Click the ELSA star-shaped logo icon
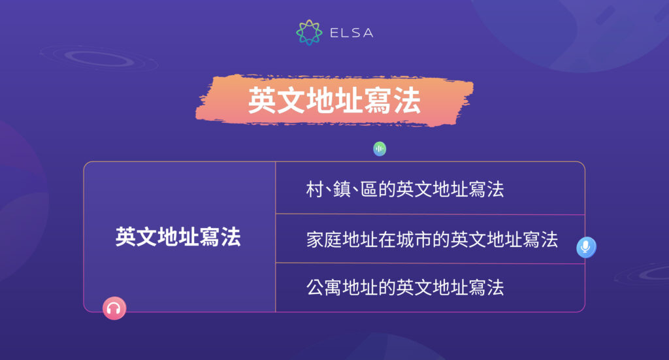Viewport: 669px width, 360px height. [x=309, y=33]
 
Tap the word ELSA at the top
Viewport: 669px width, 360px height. [x=351, y=33]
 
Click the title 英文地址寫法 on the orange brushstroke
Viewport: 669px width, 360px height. [x=334, y=102]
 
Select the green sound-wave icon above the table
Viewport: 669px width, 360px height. [x=380, y=149]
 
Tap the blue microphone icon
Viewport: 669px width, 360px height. [x=586, y=247]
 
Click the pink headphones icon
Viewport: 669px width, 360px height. [x=114, y=308]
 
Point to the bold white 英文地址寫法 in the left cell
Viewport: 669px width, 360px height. [x=178, y=237]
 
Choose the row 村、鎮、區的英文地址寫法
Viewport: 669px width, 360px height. [x=405, y=189]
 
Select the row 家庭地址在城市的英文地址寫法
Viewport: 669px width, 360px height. [x=432, y=239]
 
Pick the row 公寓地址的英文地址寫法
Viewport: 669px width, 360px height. [x=405, y=287]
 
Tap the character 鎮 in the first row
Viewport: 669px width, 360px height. [x=344, y=189]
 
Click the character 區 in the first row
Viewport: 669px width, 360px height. [x=370, y=189]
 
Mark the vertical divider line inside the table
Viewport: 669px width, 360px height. [x=276, y=237]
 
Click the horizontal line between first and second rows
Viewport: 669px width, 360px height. [x=430, y=214]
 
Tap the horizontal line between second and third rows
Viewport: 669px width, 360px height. [x=430, y=263]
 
